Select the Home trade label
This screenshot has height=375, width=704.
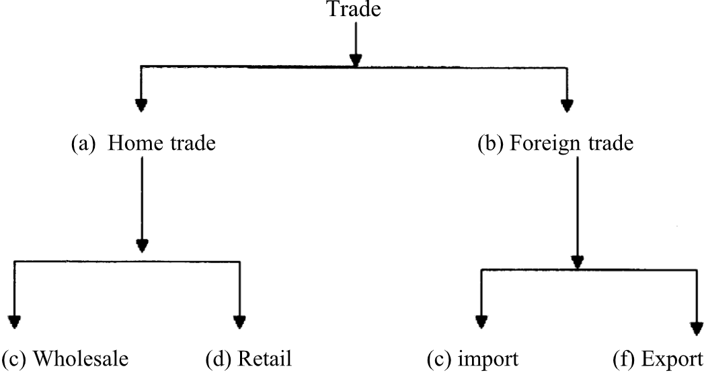161,143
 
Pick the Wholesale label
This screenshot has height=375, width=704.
81,358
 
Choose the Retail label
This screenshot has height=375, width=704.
264,358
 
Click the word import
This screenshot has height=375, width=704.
488,358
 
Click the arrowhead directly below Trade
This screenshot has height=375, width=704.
356,59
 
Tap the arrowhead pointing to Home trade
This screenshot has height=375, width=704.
141,105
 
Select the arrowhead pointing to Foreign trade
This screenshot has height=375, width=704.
567,105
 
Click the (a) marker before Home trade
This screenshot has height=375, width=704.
85,143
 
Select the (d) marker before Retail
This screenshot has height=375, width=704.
218,358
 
